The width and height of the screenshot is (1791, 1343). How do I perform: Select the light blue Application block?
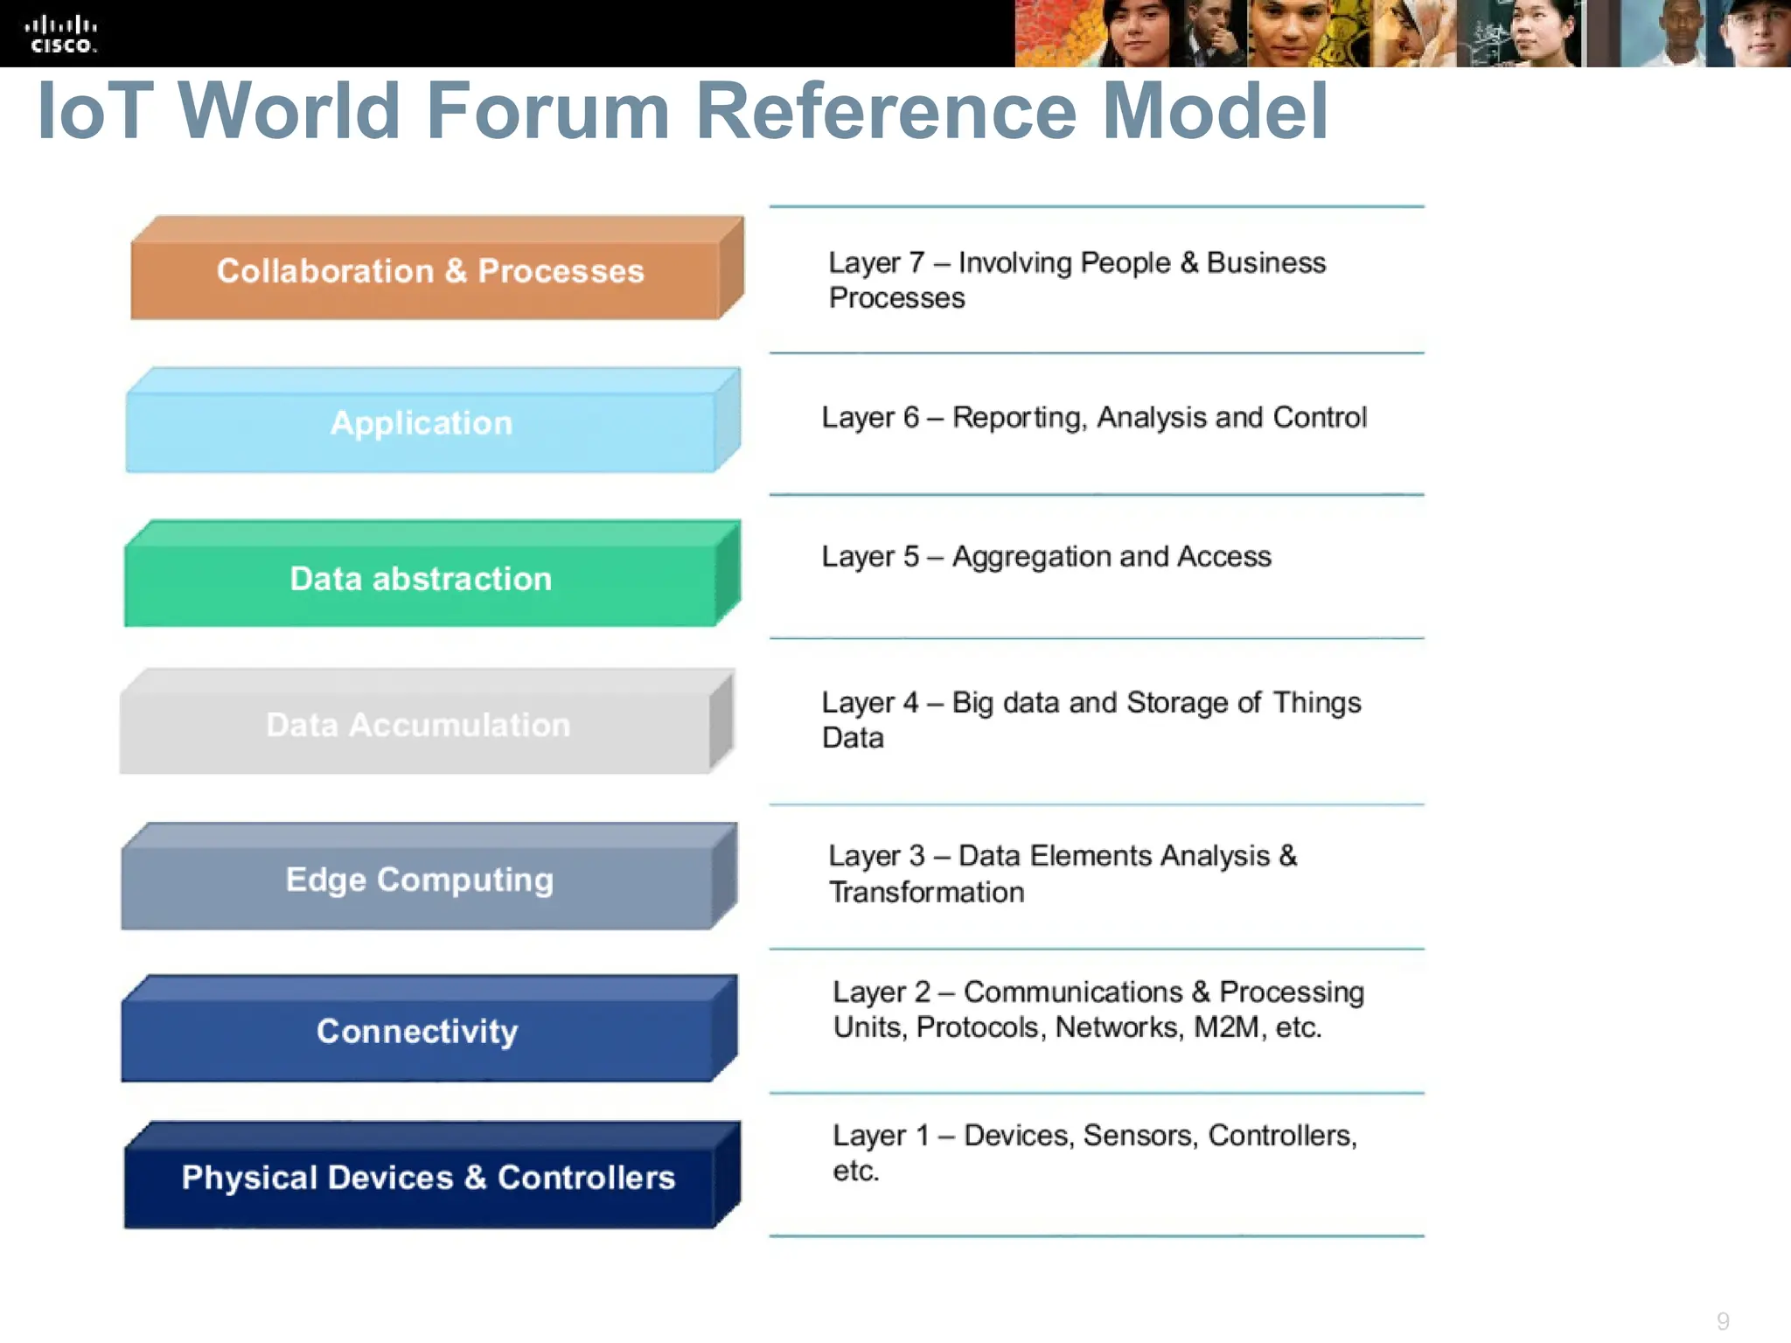(421, 424)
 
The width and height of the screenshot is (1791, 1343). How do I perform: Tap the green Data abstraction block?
(421, 579)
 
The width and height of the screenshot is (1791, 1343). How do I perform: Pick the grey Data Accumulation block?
(417, 725)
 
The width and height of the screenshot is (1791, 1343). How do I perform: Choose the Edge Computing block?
(419, 880)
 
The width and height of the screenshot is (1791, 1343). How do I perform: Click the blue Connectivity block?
(417, 1032)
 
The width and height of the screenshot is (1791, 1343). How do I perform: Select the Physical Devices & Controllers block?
(428, 1178)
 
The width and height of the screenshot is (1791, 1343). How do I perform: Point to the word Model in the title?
(1215, 111)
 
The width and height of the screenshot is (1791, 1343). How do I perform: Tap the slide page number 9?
(1722, 1320)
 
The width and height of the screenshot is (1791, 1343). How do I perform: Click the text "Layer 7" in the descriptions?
(875, 263)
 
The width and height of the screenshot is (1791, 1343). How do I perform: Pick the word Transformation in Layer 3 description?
(926, 893)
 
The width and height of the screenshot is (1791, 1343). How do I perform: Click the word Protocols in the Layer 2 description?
(981, 1027)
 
